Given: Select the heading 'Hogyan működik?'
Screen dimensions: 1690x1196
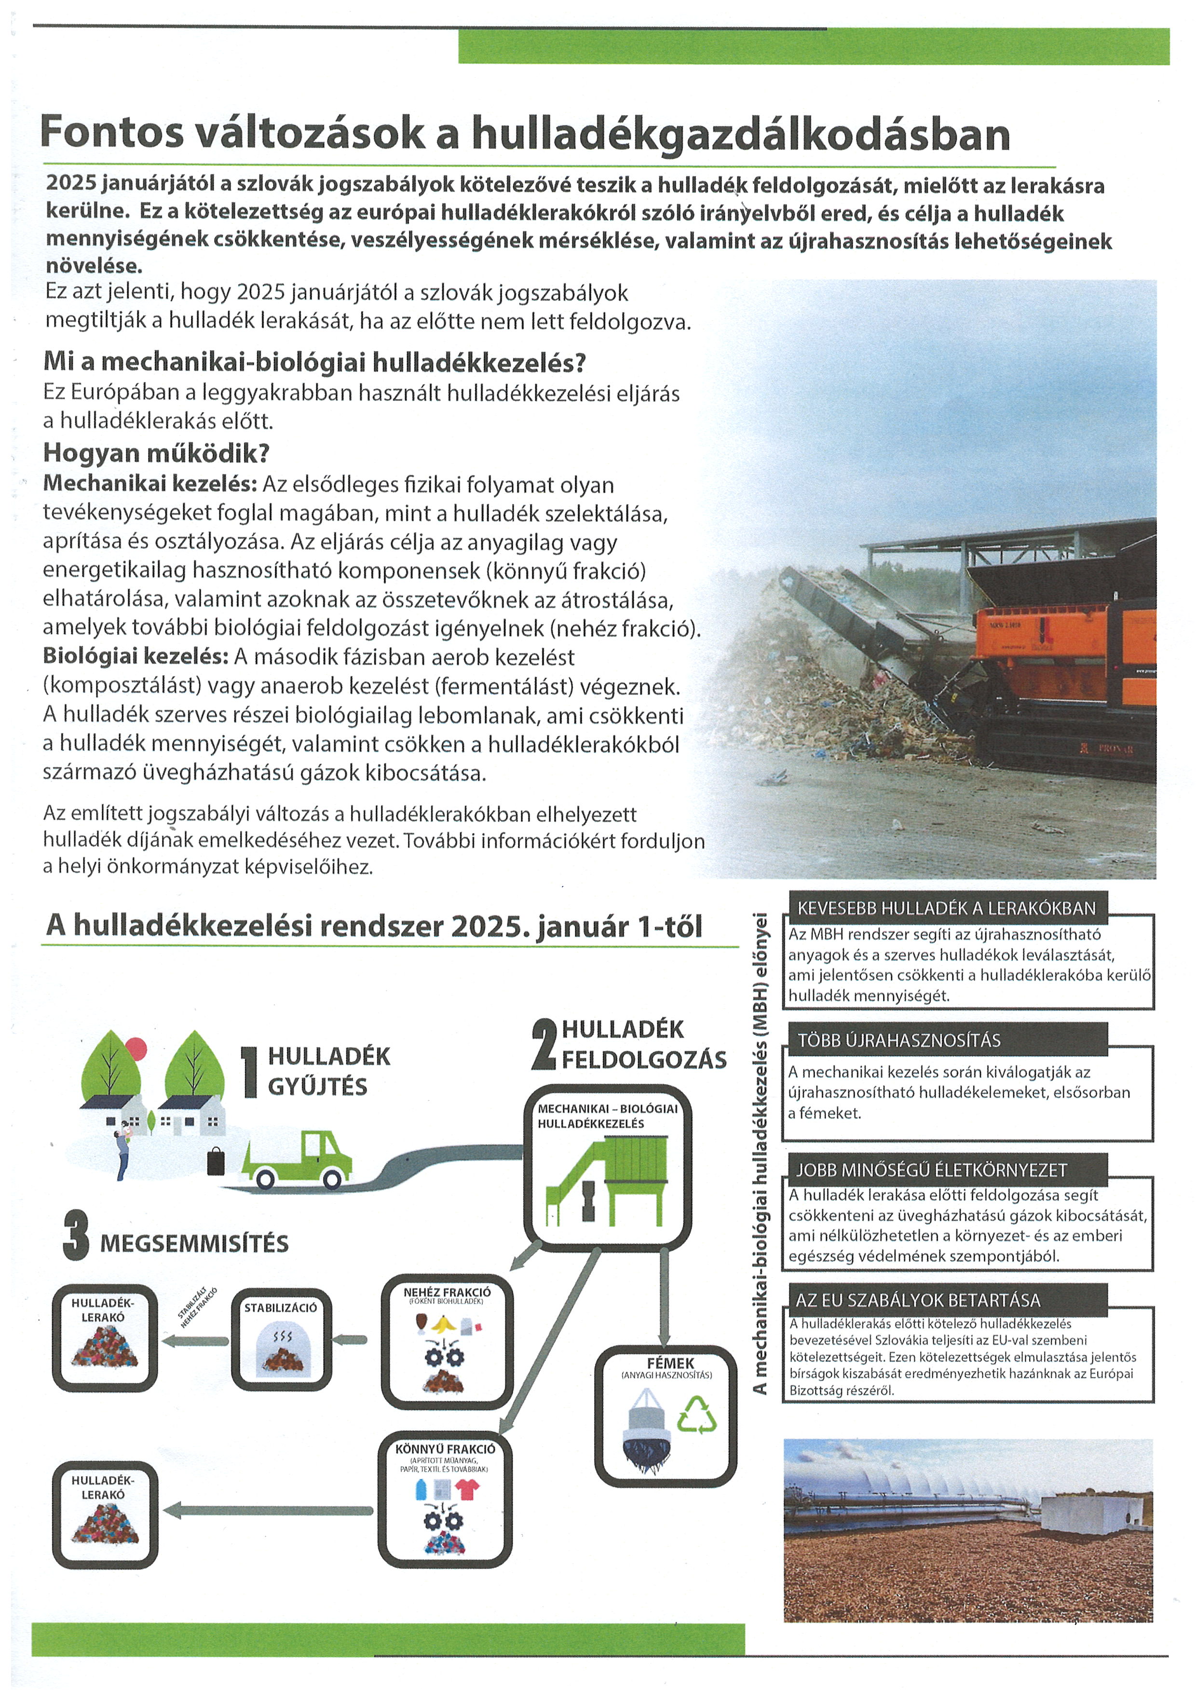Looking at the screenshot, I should [x=156, y=452].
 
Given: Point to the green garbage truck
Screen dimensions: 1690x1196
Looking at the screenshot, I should [x=298, y=1159].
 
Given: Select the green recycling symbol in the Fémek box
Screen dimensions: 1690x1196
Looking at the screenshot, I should [x=696, y=1415].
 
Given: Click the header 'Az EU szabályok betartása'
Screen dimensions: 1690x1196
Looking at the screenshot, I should [x=918, y=1300].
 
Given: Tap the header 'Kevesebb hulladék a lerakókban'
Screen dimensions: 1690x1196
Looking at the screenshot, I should [x=946, y=908].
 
